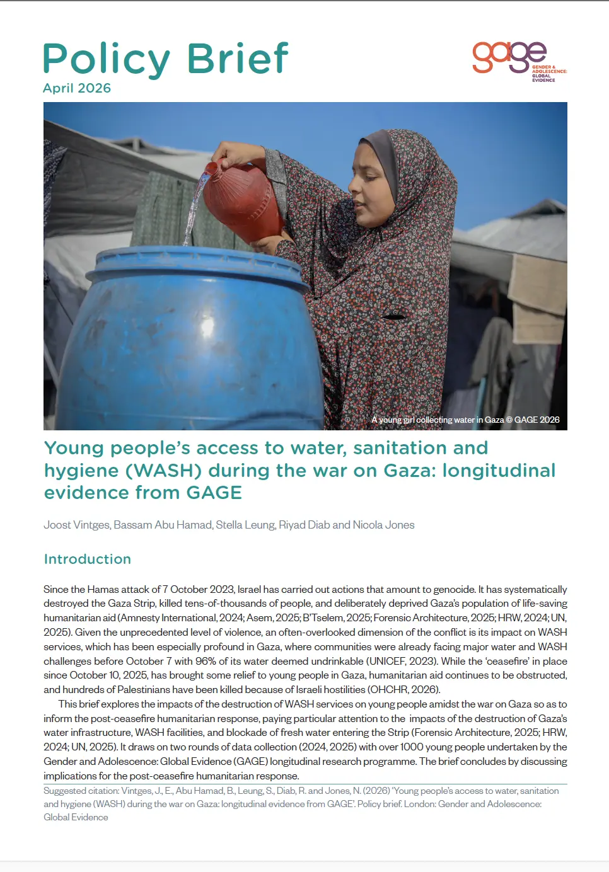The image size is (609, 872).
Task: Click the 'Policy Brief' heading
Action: click(x=165, y=59)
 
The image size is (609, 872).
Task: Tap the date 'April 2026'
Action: click(x=77, y=88)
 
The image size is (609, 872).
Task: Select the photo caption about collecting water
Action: click(x=465, y=420)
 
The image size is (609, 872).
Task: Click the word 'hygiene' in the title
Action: click(x=77, y=471)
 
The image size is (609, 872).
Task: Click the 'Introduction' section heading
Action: click(x=88, y=559)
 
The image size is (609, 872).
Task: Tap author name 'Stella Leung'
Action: click(x=245, y=525)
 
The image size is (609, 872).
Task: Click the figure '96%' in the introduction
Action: click(x=206, y=661)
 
